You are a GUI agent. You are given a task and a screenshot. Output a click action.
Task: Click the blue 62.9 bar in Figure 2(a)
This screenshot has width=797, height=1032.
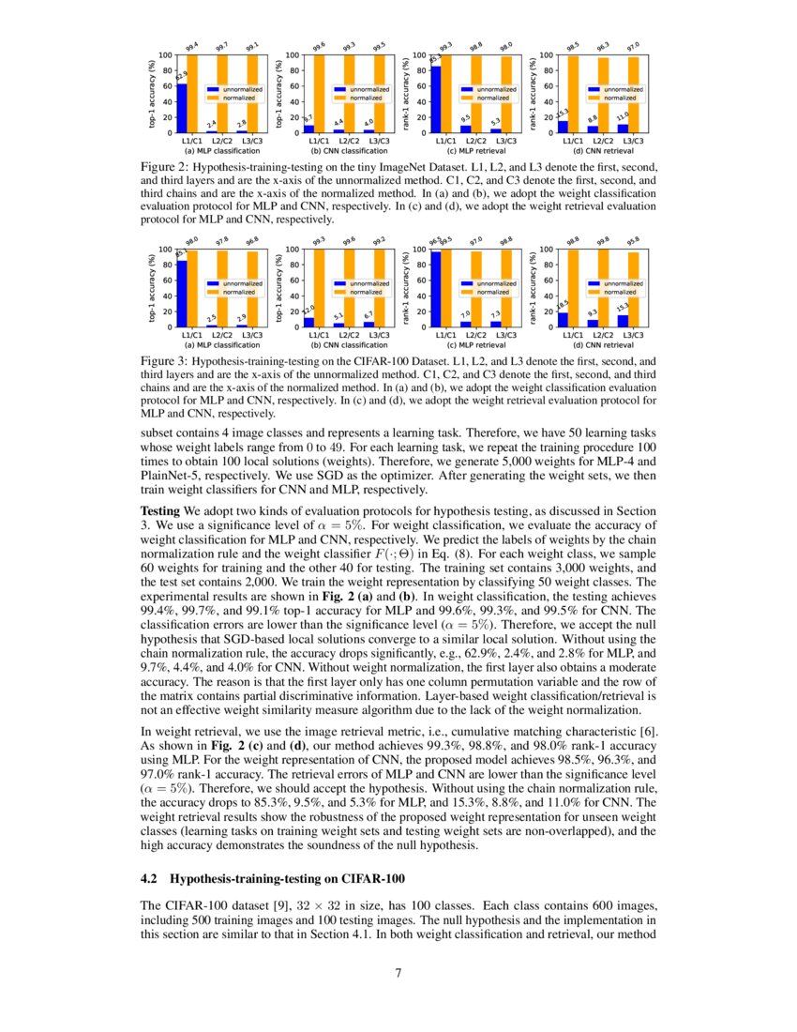click(x=182, y=108)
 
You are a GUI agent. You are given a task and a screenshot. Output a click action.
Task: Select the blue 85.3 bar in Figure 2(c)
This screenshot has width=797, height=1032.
click(x=435, y=99)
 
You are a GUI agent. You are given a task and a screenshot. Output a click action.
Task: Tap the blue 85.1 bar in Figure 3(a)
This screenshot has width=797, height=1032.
click(x=182, y=294)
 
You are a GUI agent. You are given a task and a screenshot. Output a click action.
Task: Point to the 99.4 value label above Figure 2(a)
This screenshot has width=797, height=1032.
click(x=191, y=46)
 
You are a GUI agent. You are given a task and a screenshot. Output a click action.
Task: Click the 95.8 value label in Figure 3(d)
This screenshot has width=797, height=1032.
click(x=633, y=240)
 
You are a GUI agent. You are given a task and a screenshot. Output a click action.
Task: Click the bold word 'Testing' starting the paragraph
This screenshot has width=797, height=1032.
click(x=160, y=509)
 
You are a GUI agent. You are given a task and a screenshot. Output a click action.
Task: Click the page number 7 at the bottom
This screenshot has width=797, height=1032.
click(x=398, y=972)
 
